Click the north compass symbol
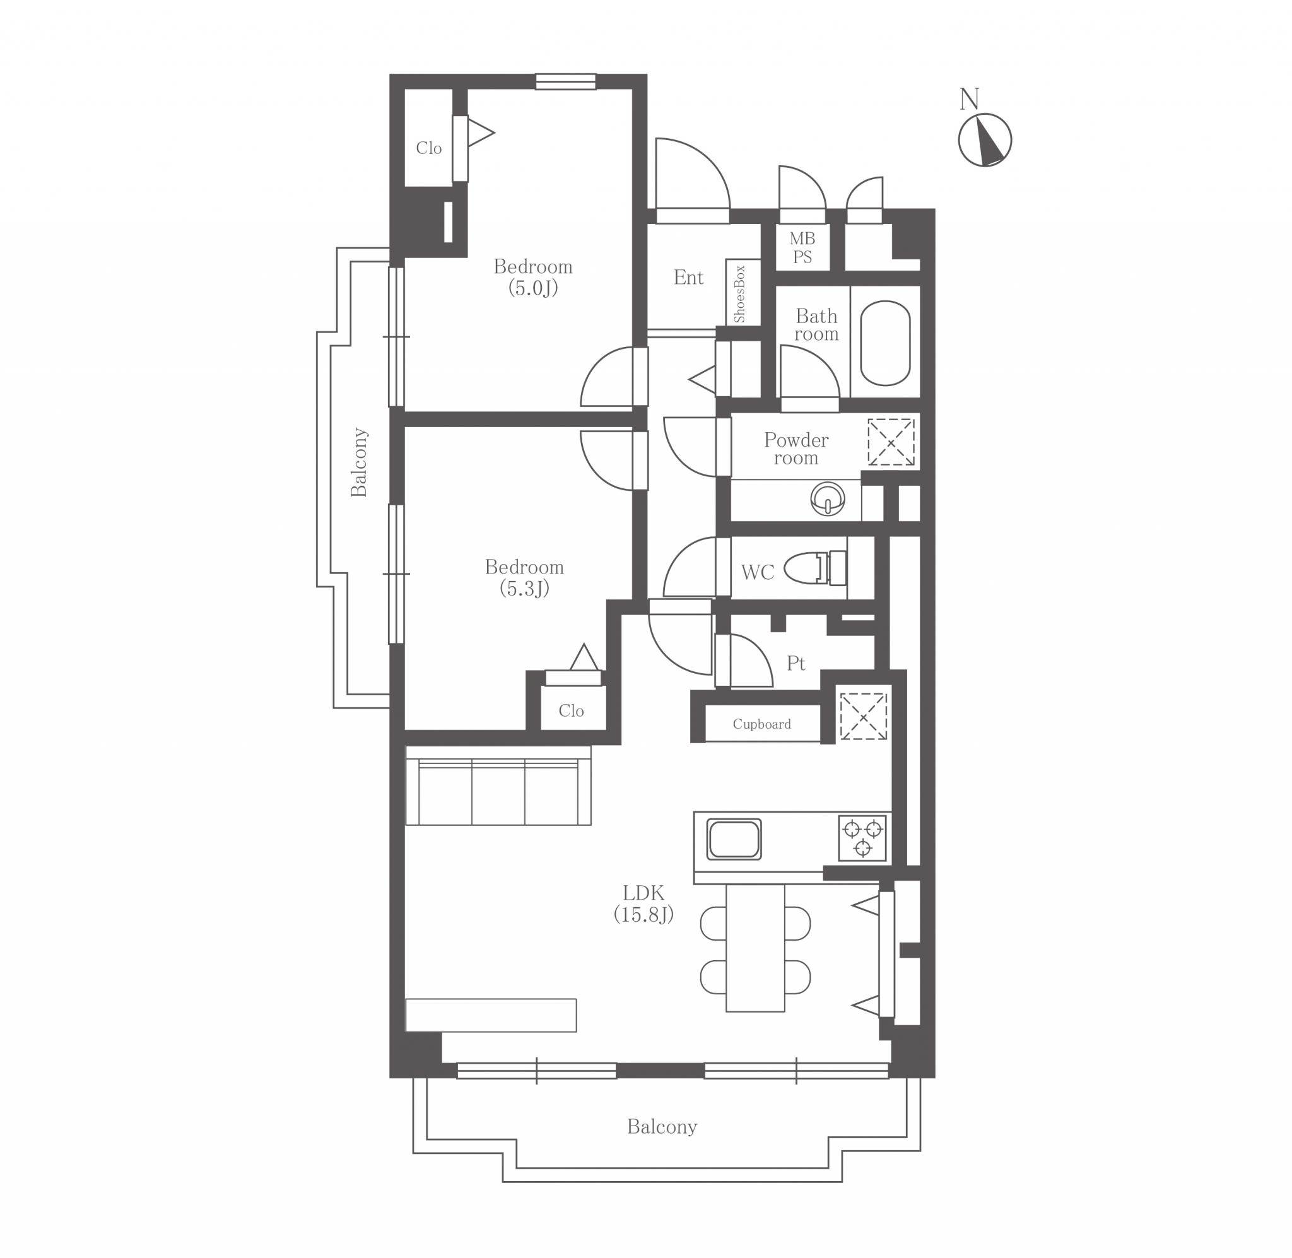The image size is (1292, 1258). (984, 139)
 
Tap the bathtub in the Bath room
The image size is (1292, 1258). (885, 343)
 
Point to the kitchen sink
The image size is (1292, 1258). (734, 839)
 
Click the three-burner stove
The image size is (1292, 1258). (862, 838)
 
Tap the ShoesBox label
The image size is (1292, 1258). (740, 294)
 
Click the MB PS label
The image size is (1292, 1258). (802, 248)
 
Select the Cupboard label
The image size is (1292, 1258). (761, 724)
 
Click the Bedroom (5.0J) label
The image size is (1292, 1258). (533, 278)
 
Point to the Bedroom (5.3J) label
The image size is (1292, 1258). (524, 577)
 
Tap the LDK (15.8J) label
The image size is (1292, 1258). (643, 904)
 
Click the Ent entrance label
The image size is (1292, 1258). (688, 278)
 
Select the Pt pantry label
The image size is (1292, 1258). (796, 663)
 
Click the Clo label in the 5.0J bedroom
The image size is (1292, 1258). (429, 148)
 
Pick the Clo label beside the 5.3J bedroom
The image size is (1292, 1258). (572, 711)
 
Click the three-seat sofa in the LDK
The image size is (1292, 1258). (498, 785)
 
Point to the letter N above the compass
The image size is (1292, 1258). (969, 99)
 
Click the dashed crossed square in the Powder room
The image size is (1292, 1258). (890, 442)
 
